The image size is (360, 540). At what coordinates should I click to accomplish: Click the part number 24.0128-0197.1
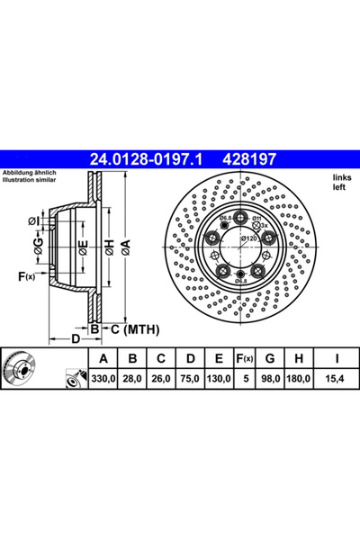coord(146,159)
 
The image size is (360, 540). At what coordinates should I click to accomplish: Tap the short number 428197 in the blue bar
coord(250,159)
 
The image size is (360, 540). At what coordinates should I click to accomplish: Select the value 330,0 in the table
coord(103,379)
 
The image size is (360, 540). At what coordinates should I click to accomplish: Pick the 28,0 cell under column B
coord(132,379)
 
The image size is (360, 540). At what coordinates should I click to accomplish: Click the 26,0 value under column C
coord(161,379)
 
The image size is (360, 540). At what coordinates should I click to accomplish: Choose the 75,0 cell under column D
coord(190,379)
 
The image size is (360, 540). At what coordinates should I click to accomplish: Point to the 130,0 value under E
coord(219,379)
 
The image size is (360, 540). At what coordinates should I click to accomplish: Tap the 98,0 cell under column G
coord(270,379)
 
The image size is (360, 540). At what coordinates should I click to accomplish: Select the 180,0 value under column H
coord(299,379)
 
